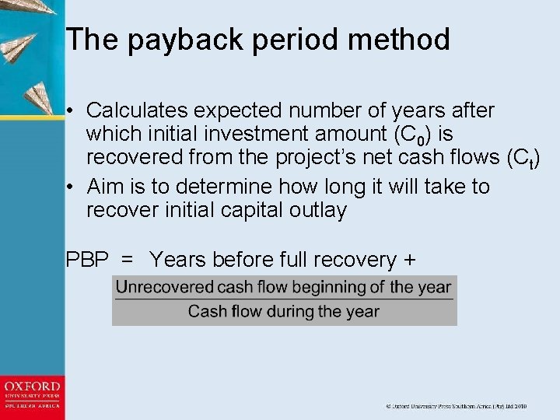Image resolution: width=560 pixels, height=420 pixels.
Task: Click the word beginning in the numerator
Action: (330, 287)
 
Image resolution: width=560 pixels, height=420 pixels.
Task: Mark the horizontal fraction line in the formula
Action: (284, 299)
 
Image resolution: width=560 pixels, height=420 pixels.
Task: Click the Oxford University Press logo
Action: (32, 397)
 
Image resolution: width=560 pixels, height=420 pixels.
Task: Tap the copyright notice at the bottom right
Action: (457, 406)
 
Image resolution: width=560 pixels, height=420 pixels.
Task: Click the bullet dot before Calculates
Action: (71, 111)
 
